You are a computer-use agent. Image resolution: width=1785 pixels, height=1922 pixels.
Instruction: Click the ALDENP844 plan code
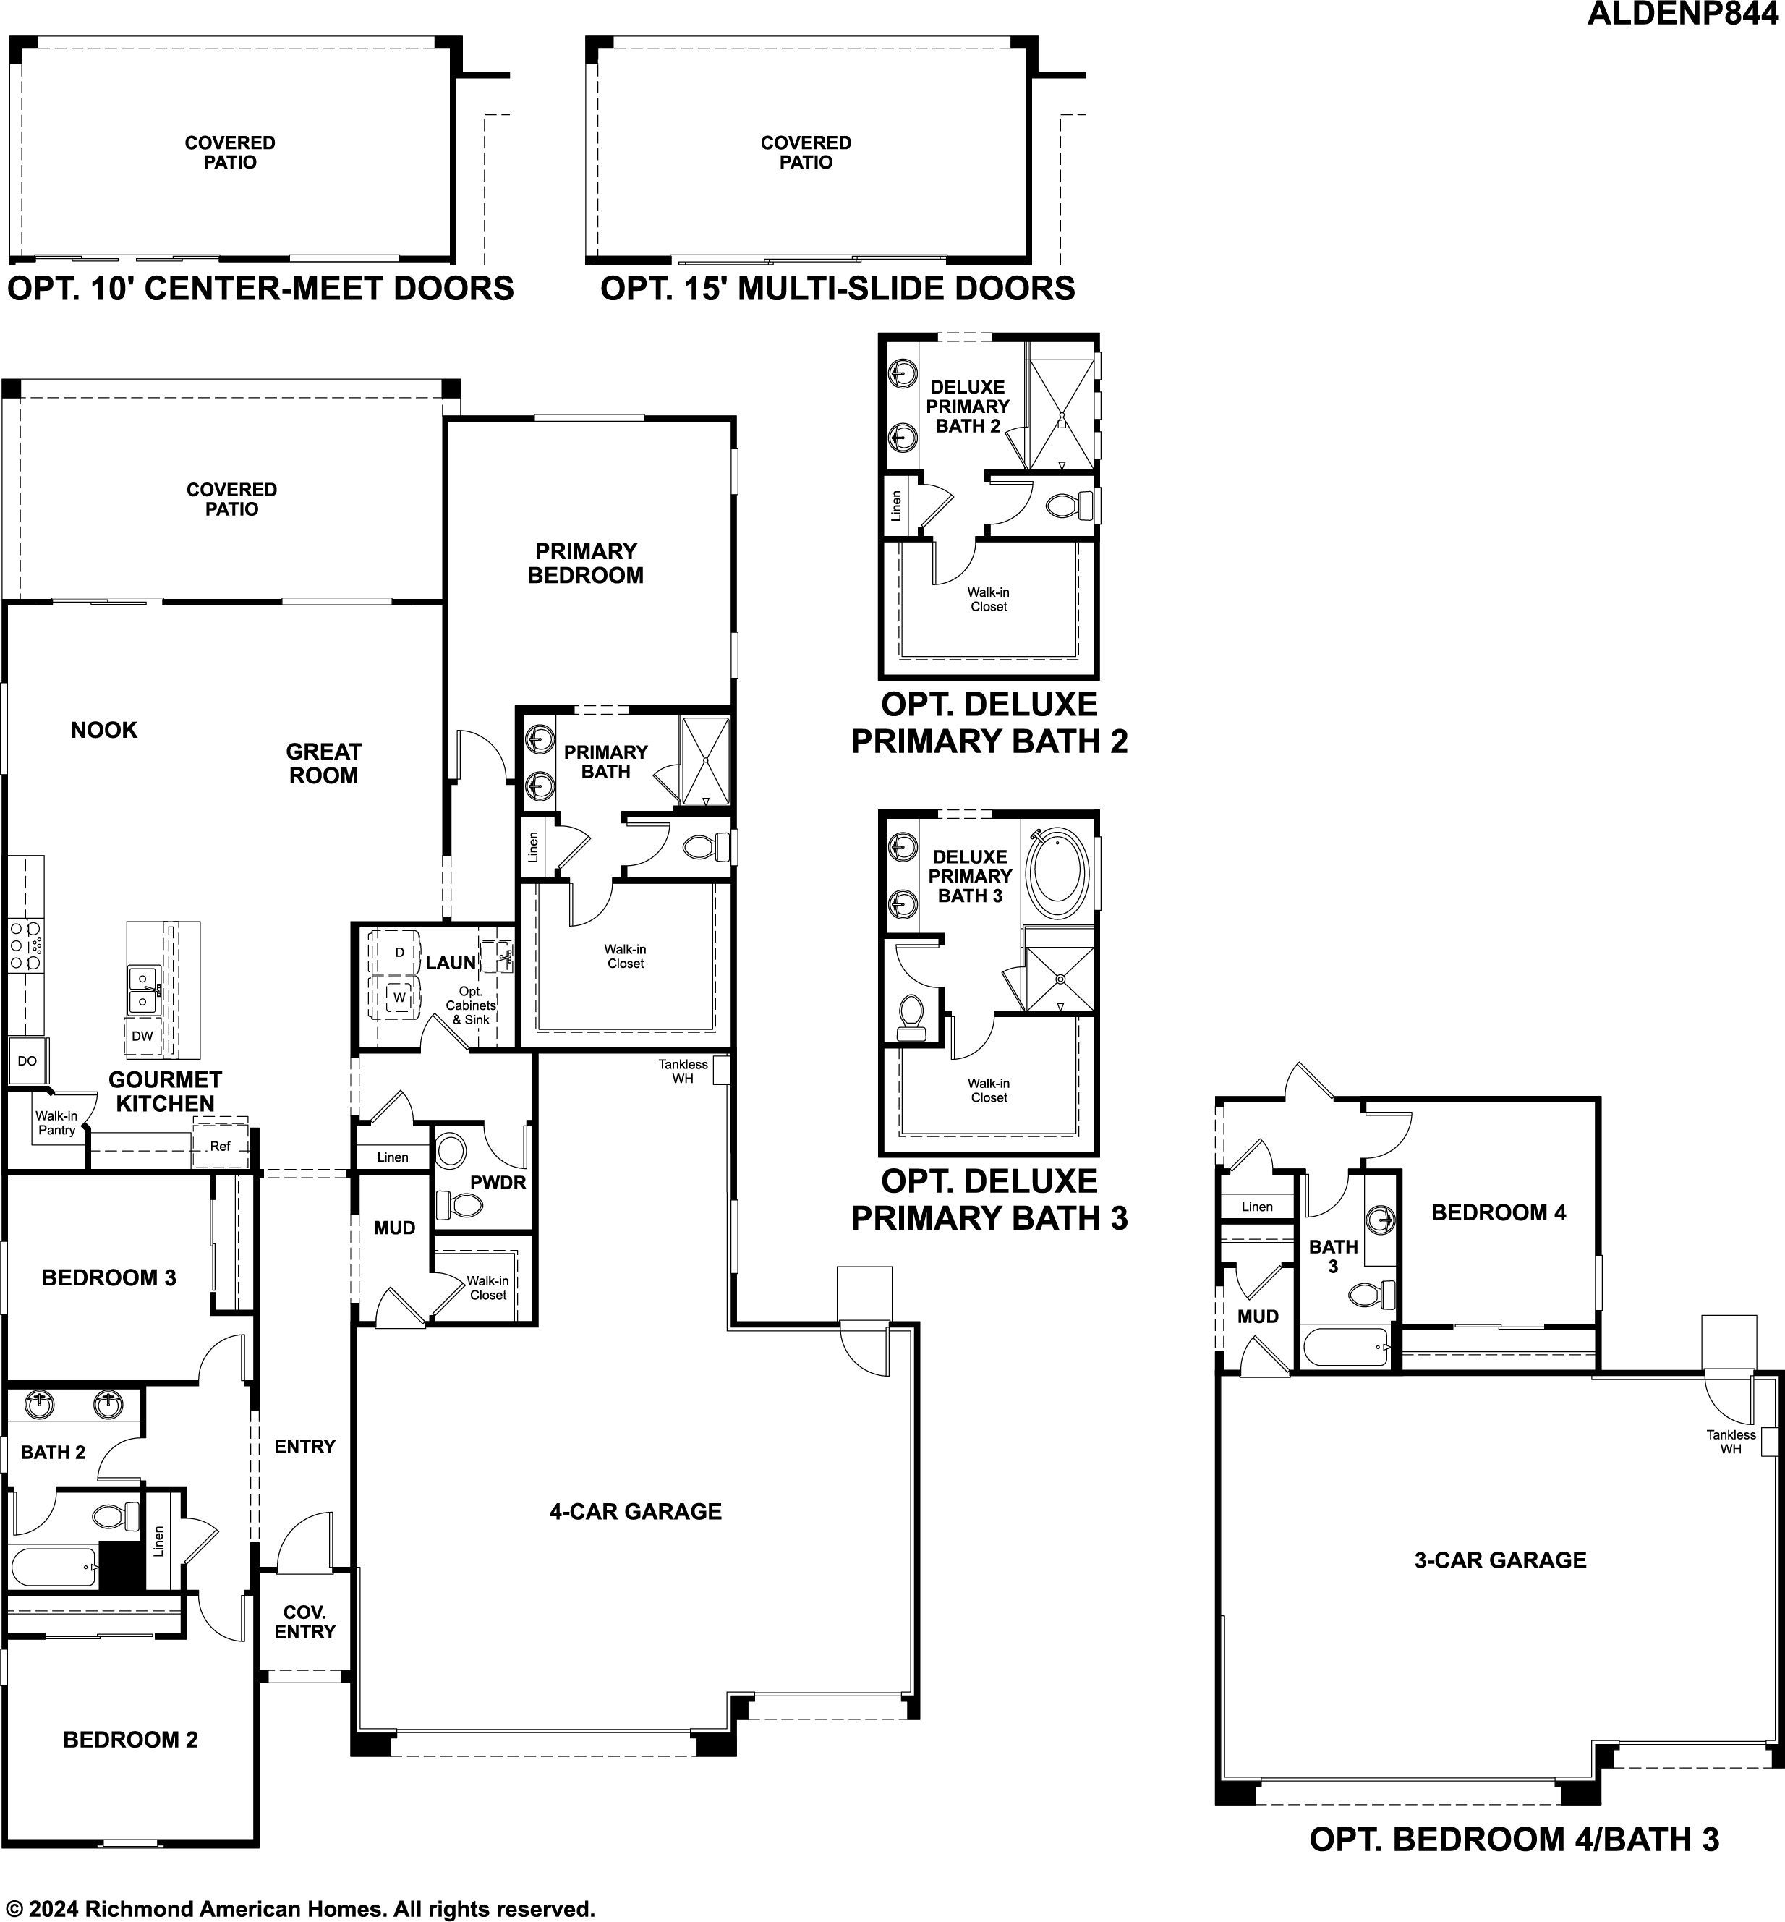tap(1685, 15)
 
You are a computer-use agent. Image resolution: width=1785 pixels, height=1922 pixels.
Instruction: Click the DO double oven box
tap(27, 1060)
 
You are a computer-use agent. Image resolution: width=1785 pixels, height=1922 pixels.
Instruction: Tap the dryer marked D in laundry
tap(395, 951)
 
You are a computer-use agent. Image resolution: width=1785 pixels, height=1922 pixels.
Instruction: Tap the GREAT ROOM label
tap(323, 763)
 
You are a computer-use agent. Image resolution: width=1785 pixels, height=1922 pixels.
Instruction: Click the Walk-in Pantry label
tap(57, 1122)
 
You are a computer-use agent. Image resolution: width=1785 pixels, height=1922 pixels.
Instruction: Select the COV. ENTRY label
tap(304, 1622)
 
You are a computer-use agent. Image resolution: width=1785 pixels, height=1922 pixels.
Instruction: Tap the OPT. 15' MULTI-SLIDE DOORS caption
tap(838, 288)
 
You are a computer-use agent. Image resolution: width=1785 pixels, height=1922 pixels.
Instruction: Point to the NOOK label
tap(104, 730)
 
